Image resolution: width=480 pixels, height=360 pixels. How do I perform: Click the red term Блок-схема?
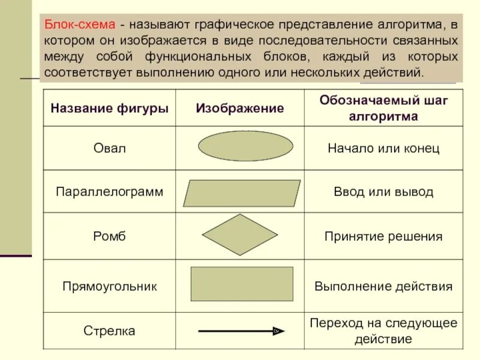79,26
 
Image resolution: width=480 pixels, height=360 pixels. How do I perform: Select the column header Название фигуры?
109,109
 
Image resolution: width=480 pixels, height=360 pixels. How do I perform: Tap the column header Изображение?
239,109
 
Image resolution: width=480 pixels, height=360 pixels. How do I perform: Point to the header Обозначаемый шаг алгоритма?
383,109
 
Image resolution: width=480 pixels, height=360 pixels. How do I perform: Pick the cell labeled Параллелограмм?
109,192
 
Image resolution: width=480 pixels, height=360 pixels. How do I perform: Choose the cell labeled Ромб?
109,236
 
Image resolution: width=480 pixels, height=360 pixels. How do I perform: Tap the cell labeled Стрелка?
109,331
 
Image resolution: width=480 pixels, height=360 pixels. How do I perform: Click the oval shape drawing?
245,146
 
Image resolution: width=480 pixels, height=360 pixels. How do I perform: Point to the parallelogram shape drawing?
241,193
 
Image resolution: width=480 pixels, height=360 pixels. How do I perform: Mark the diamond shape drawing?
240,235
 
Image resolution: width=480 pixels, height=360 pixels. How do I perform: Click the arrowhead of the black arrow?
279,331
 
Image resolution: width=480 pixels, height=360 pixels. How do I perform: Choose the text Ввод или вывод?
383,192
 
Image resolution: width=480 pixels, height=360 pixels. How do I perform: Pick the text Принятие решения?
383,236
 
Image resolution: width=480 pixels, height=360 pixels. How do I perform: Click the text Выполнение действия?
383,286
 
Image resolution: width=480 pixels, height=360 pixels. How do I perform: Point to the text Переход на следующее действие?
383,331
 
